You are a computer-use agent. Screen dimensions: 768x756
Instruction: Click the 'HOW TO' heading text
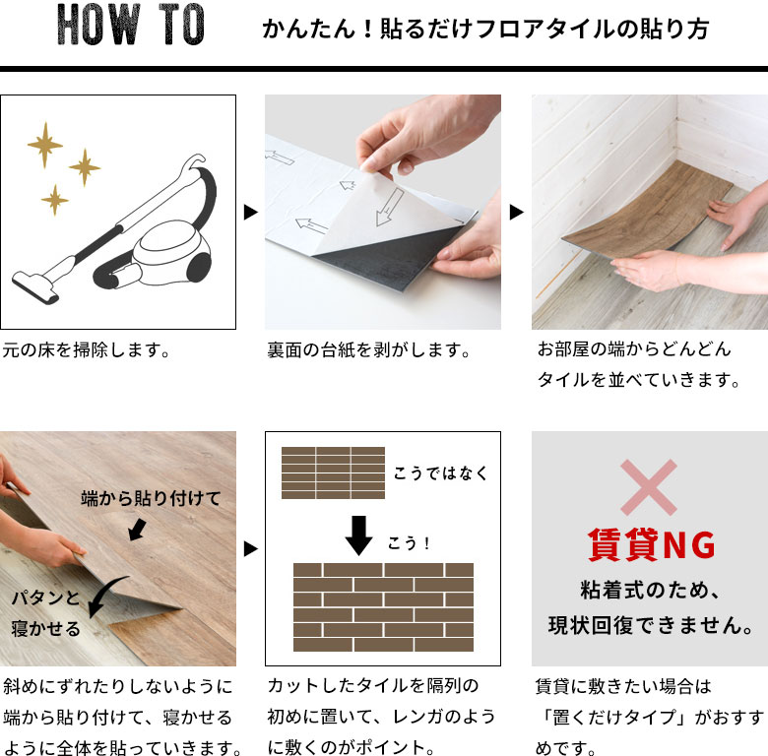click(130, 25)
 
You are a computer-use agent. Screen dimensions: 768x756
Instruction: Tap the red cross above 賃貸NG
click(649, 487)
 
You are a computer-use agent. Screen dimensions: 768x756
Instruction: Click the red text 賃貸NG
click(652, 545)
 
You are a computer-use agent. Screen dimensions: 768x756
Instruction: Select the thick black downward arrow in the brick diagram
click(359, 535)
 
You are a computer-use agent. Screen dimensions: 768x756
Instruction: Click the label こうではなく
click(441, 472)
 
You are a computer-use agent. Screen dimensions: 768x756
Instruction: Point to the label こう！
click(409, 543)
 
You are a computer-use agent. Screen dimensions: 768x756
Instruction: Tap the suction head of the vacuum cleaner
click(34, 285)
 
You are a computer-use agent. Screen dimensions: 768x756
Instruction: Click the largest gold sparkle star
click(45, 145)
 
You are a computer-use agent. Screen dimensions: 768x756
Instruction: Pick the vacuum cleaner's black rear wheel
click(199, 267)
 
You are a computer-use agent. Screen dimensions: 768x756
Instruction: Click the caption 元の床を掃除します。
click(87, 350)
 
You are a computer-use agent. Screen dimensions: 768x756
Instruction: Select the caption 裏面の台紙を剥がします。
click(369, 350)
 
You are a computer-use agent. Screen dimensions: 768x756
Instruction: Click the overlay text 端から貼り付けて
click(151, 498)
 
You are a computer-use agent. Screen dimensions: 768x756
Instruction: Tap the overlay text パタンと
click(45, 598)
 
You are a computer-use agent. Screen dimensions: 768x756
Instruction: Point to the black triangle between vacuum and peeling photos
click(251, 212)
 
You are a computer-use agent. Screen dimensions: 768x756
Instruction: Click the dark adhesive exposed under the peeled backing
click(387, 257)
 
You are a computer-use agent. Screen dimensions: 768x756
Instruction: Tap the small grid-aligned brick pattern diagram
click(333, 472)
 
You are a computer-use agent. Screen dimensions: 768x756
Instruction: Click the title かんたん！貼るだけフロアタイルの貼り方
click(485, 29)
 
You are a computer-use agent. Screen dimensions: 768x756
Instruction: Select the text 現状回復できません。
click(651, 625)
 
